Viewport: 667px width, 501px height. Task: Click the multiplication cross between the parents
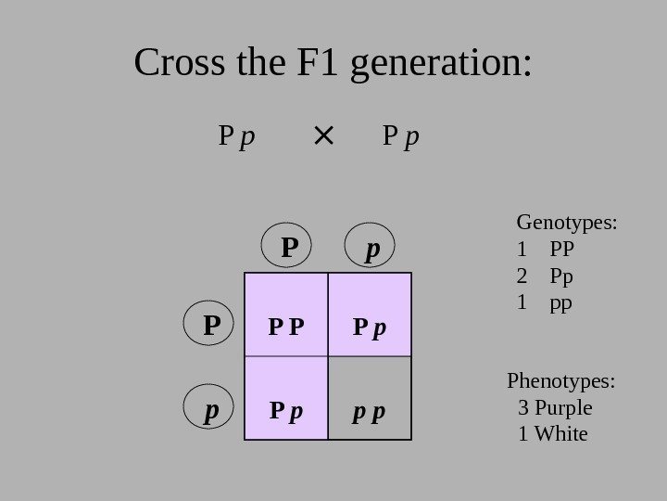[x=323, y=137]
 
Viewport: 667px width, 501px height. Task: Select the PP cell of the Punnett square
[x=285, y=315]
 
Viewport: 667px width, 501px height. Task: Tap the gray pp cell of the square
[x=369, y=398]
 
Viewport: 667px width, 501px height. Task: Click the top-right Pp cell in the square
[x=369, y=315]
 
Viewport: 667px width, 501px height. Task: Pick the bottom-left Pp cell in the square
[x=285, y=398]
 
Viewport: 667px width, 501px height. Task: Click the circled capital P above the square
[x=291, y=247]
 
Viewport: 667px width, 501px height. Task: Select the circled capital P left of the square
[x=212, y=325]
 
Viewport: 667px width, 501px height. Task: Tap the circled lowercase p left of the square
[x=212, y=409]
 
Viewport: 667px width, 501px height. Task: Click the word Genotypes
[x=566, y=223]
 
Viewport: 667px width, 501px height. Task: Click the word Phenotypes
[x=561, y=381]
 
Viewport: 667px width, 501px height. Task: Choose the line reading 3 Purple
[x=555, y=408]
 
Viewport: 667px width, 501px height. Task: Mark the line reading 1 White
[x=553, y=434]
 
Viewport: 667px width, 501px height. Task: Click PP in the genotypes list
[x=562, y=250]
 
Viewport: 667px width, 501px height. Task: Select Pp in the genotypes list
[x=561, y=276]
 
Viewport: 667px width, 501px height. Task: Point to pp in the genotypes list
[x=561, y=302]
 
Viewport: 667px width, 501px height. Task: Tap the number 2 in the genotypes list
[x=522, y=276]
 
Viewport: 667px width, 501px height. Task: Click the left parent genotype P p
[x=236, y=138]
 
